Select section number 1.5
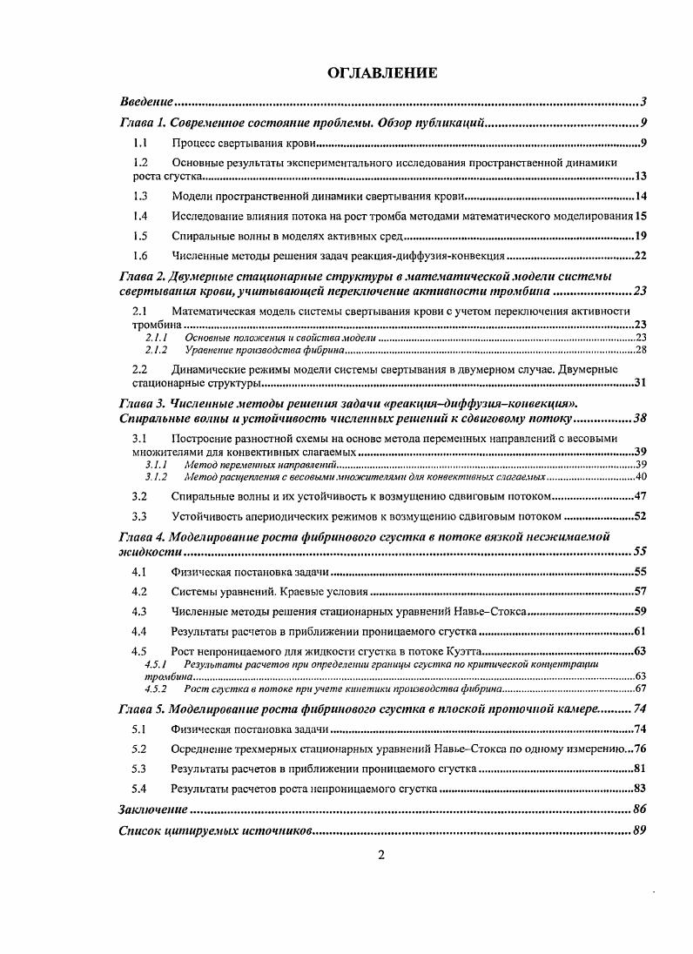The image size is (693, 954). coord(139,235)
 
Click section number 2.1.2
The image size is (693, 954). coord(156,349)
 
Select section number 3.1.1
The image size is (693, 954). coord(156,466)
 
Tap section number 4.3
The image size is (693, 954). coord(139,611)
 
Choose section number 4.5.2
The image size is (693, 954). coord(156,688)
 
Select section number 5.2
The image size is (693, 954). coord(139,749)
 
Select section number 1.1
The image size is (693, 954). coord(139,142)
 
